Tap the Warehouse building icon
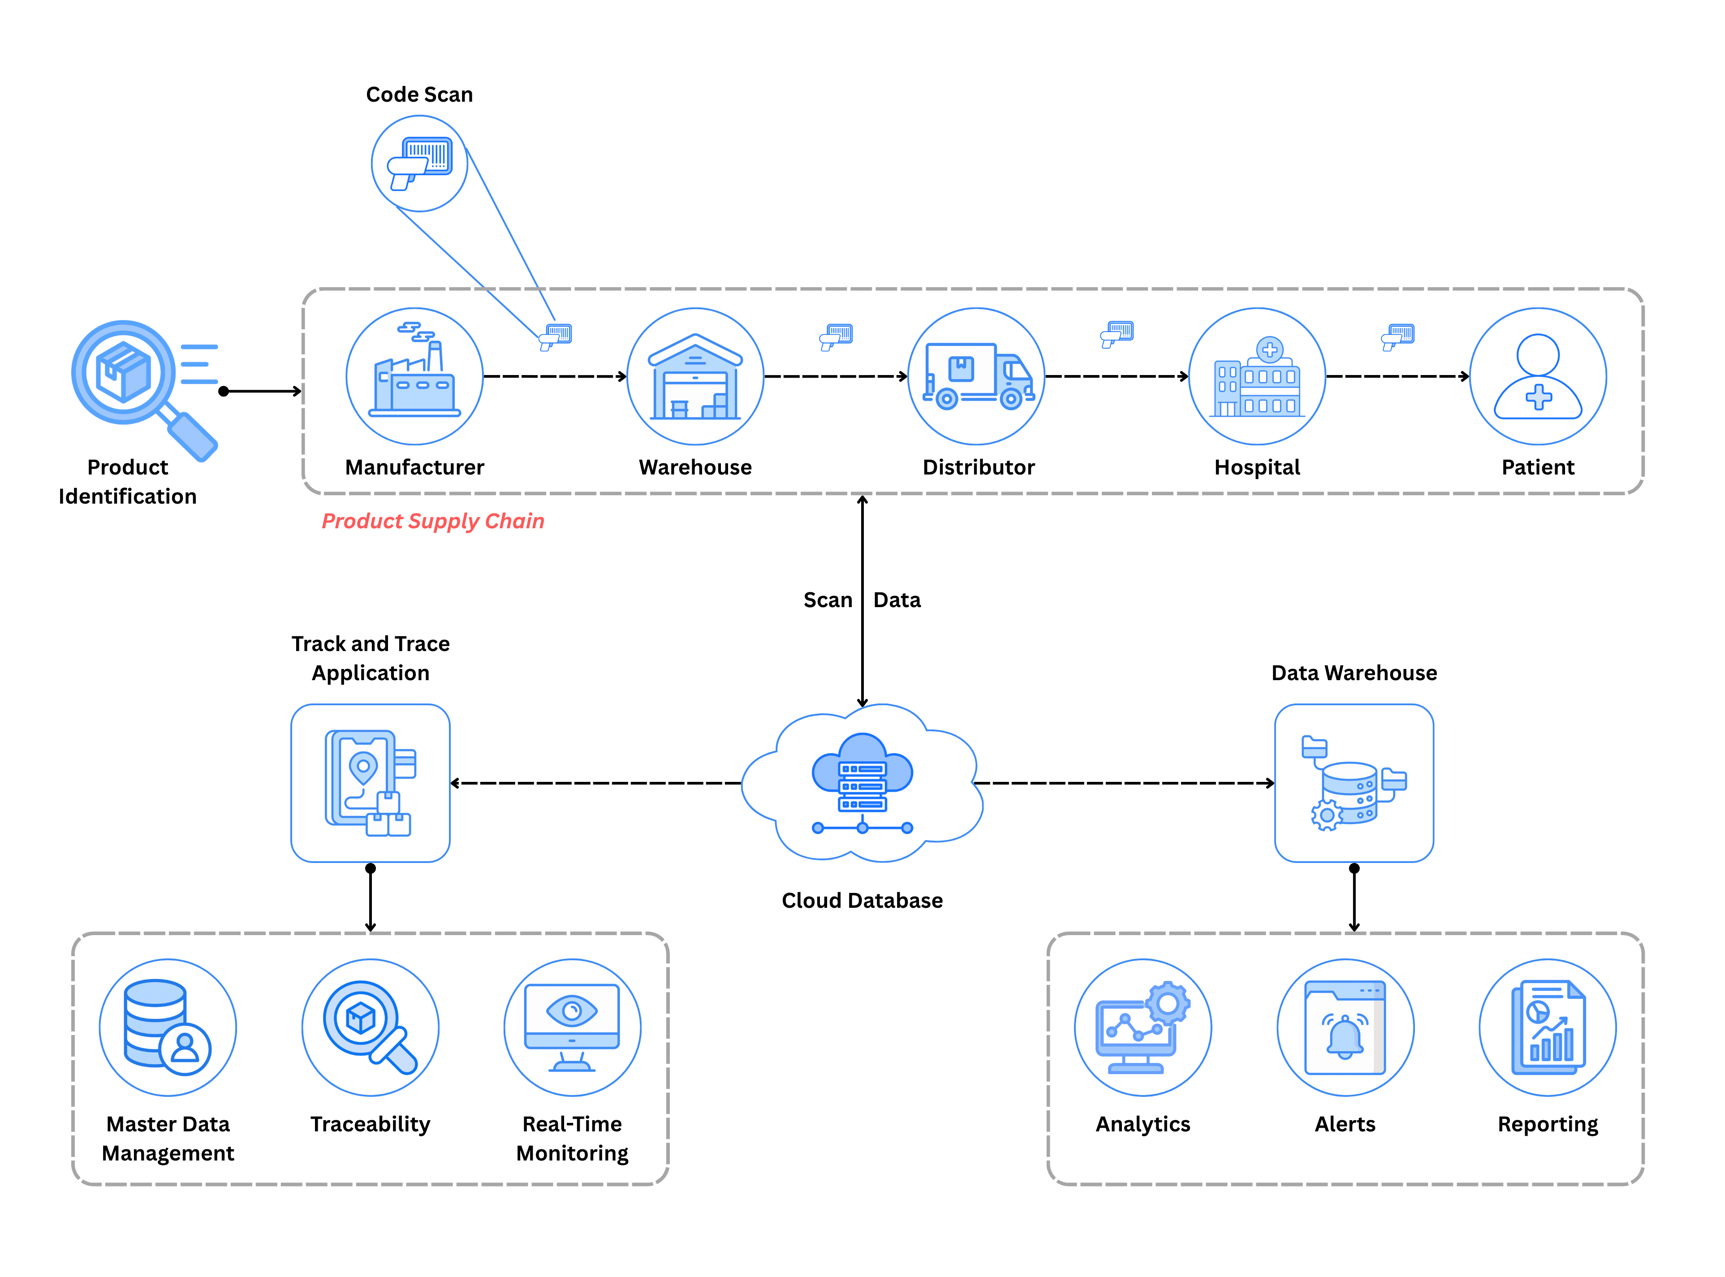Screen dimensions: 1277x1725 click(x=695, y=376)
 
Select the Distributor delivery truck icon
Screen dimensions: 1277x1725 click(x=976, y=376)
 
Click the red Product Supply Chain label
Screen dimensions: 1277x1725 click(x=433, y=521)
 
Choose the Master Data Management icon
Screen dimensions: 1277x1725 click(x=168, y=1027)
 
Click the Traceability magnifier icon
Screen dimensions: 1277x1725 click(x=370, y=1027)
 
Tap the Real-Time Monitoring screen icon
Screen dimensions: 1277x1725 click(x=572, y=1027)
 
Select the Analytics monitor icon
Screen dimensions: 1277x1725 click(x=1142, y=1027)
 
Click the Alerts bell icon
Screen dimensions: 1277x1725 click(x=1345, y=1027)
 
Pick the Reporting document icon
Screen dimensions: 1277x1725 click(x=1547, y=1027)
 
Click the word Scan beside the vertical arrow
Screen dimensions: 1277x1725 click(x=827, y=600)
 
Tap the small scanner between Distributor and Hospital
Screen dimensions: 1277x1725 click(x=1117, y=334)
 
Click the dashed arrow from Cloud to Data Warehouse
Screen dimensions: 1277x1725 click(x=1121, y=783)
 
